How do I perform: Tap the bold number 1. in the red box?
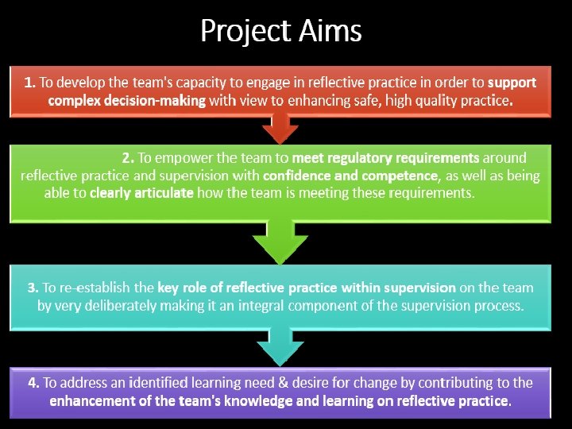tap(30, 82)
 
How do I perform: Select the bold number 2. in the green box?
tap(128, 158)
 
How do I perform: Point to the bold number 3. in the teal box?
tap(33, 288)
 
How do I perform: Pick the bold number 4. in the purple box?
tap(33, 382)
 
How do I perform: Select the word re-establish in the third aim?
tap(118, 288)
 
